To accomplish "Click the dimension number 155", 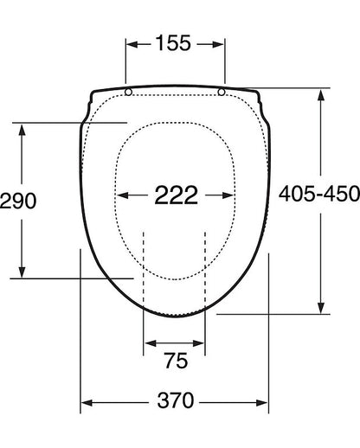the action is tap(173, 43).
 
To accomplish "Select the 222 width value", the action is tap(177, 195).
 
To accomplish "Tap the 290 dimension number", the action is tap(18, 201).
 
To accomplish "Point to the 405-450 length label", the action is tap(319, 194).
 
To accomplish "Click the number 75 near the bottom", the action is tap(176, 361).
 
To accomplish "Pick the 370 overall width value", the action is tap(176, 400).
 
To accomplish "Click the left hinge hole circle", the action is tap(129, 92).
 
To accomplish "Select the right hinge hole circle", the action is tap(222, 92).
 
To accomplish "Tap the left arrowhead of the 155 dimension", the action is tap(132, 44).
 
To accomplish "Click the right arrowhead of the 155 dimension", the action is tap(218, 44).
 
